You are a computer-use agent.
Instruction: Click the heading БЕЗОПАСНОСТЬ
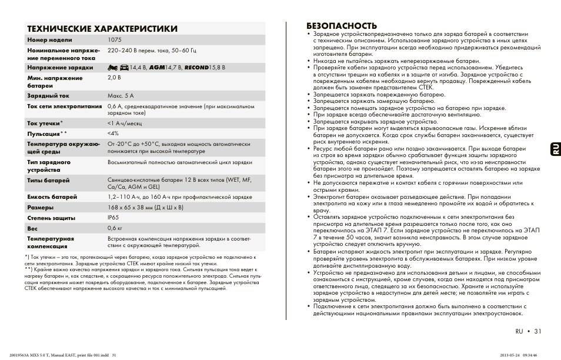[342, 25]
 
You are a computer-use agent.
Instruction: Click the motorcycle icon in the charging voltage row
[113, 68]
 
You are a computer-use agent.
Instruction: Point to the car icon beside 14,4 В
[124, 68]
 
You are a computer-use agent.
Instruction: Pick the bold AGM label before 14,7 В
[157, 68]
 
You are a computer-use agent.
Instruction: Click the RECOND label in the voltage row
[196, 68]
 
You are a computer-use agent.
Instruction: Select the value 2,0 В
[114, 77]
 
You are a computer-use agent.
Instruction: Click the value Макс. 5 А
[121, 95]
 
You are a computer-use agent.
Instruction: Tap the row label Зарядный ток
[48, 95]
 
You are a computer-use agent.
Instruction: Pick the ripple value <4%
[113, 134]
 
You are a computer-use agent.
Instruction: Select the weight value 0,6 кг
[115, 228]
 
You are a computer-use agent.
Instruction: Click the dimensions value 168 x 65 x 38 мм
[145, 207]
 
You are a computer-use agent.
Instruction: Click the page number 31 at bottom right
[536, 331]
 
